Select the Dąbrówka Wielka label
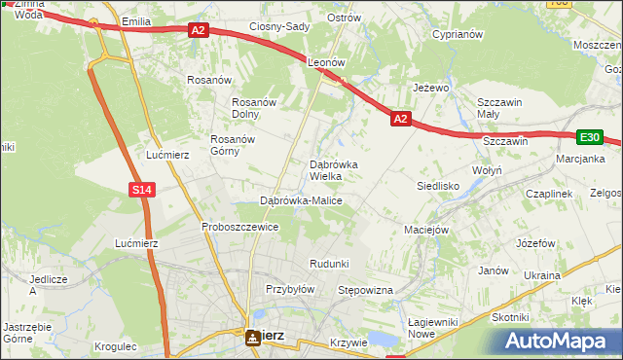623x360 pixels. click(333, 170)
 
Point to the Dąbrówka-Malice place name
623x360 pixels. click(301, 200)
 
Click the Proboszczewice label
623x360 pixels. click(240, 227)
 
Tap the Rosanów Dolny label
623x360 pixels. click(256, 108)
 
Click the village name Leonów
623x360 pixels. click(327, 61)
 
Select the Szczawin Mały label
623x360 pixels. click(500, 108)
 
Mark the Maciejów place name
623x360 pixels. click(425, 231)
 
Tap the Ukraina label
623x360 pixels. click(542, 275)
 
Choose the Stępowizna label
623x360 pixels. click(364, 290)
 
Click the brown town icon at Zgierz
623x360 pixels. click(253, 337)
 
